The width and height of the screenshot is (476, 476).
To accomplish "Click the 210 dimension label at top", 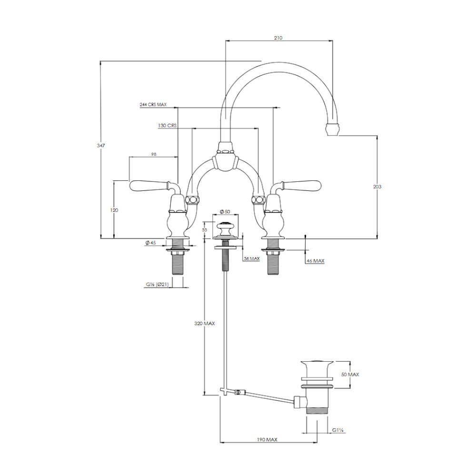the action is coord(278,38).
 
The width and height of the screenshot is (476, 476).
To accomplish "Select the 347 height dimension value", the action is coord(101,145).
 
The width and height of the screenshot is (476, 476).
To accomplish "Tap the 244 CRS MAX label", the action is coord(153,104).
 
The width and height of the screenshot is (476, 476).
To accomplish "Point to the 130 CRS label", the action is coord(167,125).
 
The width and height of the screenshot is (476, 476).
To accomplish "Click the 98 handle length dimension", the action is coord(154,154).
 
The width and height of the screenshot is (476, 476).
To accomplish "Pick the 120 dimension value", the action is coord(114,210).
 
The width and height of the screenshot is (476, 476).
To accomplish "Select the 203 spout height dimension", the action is coord(377,187).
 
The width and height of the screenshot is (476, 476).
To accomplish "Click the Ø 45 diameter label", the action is coord(150,243).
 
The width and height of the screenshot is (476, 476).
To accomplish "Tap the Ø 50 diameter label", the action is coord(225,212).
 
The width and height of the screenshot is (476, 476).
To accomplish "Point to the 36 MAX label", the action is coord(252,258).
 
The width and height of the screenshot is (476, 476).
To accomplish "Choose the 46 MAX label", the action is coord(316,261).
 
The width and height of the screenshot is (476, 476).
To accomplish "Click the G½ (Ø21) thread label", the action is coord(157,285).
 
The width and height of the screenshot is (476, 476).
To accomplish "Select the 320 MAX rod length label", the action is coord(205,324).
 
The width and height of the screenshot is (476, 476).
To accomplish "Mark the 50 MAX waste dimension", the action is coord(350,375).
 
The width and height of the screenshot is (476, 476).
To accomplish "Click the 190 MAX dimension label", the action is coord(267,439).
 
